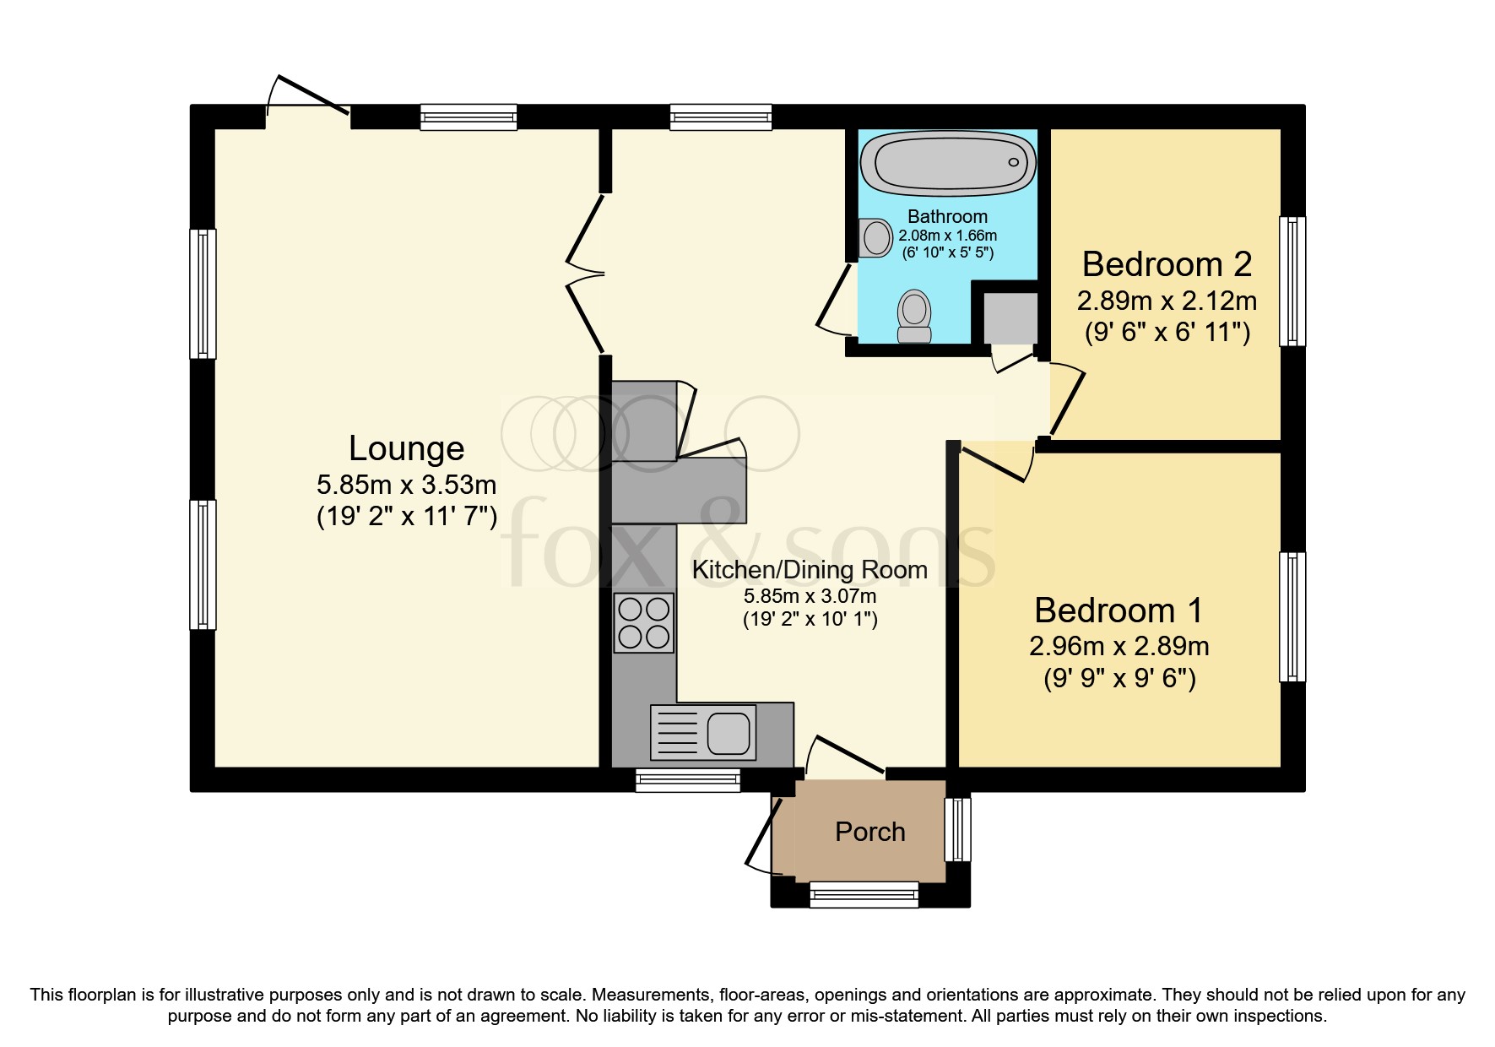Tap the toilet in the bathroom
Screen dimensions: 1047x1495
[x=914, y=317]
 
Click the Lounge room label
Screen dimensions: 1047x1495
[x=406, y=448]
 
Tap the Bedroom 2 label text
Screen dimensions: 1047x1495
[x=1167, y=264]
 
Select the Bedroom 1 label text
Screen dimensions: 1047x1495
[x=1119, y=610]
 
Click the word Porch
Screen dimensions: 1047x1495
[x=869, y=832]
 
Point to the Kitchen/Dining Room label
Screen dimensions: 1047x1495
[x=810, y=570]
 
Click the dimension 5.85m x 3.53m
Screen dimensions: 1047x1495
[x=406, y=485]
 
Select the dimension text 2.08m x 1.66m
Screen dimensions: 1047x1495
[x=947, y=236]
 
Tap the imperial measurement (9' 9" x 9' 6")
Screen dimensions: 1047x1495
[x=1119, y=678]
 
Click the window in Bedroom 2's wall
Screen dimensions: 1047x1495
[x=1292, y=281]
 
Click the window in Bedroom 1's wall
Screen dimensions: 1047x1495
[x=1292, y=617]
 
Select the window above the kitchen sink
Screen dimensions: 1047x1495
[x=687, y=780]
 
